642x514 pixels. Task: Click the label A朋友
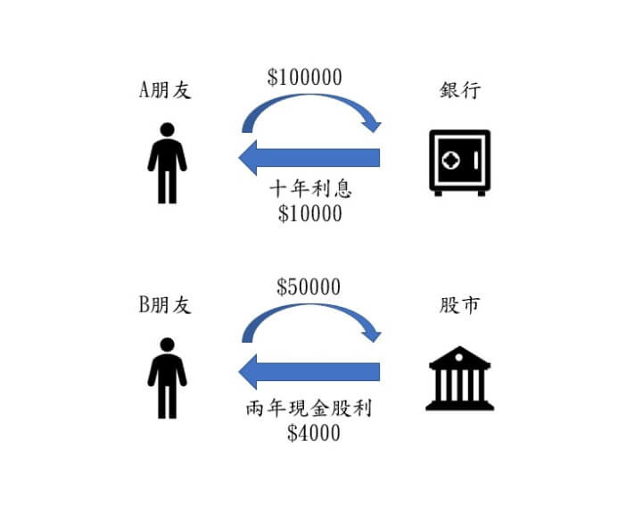165,89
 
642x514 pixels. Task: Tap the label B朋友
165,304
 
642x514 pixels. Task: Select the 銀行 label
460,90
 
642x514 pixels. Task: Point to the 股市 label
459,305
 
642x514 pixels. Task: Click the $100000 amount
305,77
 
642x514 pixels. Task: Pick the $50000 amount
309,286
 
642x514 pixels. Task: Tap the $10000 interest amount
310,213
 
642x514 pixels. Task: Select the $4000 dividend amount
314,433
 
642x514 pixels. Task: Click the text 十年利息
311,189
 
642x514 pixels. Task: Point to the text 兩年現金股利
309,408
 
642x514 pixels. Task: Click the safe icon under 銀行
460,162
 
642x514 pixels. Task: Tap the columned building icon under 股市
460,378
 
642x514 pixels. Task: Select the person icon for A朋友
167,162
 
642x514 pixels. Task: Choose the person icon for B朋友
167,378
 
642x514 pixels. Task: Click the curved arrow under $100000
312,95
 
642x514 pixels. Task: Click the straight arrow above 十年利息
309,157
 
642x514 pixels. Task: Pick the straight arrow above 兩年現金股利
309,372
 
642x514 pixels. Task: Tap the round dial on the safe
451,161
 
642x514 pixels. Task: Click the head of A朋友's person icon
167,129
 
